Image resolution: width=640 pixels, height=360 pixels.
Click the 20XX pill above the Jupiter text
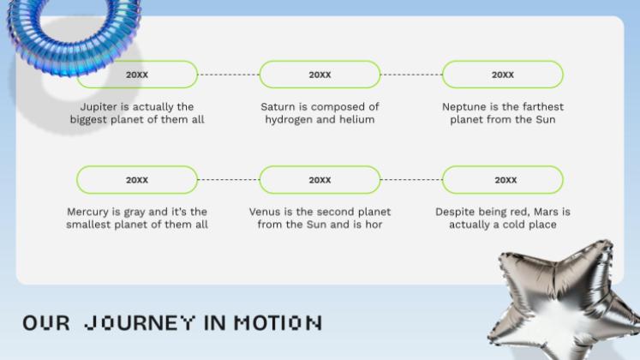tap(137, 75)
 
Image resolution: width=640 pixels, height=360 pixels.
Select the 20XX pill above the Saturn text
tap(320, 75)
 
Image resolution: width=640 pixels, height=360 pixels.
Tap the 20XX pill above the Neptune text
tap(503, 75)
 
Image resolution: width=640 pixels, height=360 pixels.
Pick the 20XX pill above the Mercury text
tap(137, 180)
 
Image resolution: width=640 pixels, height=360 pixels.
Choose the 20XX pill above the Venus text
tap(320, 180)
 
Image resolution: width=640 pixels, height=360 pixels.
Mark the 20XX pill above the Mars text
tap(503, 180)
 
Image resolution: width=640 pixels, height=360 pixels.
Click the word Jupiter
tap(99, 107)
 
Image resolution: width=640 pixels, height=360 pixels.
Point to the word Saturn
tap(280, 107)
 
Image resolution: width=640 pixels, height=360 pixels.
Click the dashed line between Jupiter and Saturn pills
tap(228, 75)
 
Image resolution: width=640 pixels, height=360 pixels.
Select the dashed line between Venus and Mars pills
tap(411, 180)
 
